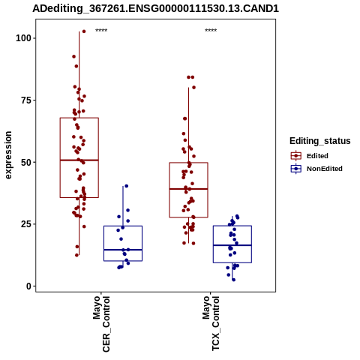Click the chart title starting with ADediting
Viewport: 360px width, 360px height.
[x=155, y=8]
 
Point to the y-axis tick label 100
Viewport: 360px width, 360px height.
[x=23, y=38]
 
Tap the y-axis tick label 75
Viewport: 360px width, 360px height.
[x=26, y=100]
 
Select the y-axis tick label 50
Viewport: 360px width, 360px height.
[x=26, y=162]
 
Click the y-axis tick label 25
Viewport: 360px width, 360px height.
[x=26, y=224]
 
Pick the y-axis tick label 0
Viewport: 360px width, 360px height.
[x=28, y=286]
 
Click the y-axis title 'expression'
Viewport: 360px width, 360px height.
[x=8, y=155]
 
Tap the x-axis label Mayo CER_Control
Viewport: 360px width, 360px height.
[x=101, y=324]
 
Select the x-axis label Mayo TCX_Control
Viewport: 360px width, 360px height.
[x=211, y=323]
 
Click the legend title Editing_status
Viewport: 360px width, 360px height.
[x=320, y=141]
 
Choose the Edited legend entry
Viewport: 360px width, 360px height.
[x=310, y=156]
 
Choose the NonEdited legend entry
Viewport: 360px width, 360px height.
[x=316, y=169]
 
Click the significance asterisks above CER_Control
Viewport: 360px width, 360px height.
[x=101, y=31]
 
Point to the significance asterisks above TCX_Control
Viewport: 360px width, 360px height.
[x=211, y=31]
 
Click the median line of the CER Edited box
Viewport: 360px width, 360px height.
[x=79, y=160]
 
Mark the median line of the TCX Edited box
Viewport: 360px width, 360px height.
[x=188, y=189]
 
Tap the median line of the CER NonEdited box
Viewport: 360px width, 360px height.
[x=123, y=250]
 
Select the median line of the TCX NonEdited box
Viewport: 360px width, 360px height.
[x=232, y=245]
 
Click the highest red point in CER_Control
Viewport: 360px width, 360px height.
[x=84, y=31]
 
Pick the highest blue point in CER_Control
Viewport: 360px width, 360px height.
[x=127, y=186]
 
